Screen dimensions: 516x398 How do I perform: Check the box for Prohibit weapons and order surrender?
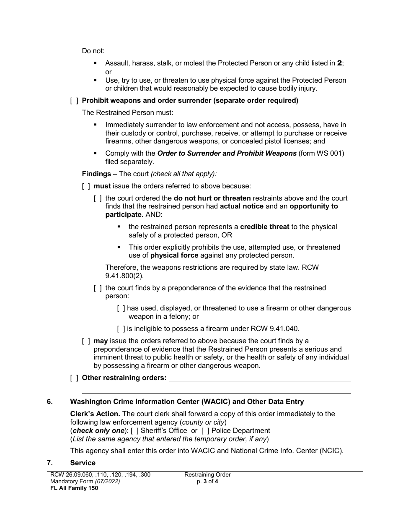74,100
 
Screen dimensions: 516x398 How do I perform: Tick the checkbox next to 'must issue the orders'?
86,186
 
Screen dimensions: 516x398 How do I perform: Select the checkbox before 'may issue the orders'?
86,341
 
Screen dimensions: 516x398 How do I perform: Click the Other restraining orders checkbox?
74,378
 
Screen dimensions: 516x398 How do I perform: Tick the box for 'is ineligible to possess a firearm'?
121,328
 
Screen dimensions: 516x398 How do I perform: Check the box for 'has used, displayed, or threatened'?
121,308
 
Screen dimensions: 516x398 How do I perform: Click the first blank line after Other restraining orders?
259,378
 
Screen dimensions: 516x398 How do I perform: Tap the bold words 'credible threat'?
264,227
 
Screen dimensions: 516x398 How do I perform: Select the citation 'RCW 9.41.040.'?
272,328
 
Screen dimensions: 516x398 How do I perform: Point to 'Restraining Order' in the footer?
207,474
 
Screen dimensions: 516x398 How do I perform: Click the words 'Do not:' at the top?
93,51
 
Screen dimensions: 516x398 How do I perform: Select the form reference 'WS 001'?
329,153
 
